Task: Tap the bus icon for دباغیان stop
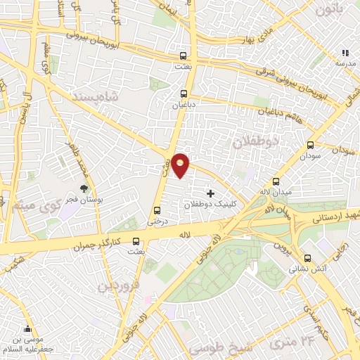pyautogui.click(x=184, y=93)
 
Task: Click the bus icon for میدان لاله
pyautogui.click(x=276, y=182)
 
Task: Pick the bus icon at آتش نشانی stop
pyautogui.click(x=307, y=258)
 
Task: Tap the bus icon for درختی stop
pyautogui.click(x=156, y=210)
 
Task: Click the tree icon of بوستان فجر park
pyautogui.click(x=84, y=188)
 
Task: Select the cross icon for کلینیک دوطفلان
pyautogui.click(x=210, y=193)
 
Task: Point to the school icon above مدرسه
pyautogui.click(x=345, y=53)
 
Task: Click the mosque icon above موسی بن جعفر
pyautogui.click(x=27, y=329)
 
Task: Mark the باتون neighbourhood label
pyautogui.click(x=331, y=11)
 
